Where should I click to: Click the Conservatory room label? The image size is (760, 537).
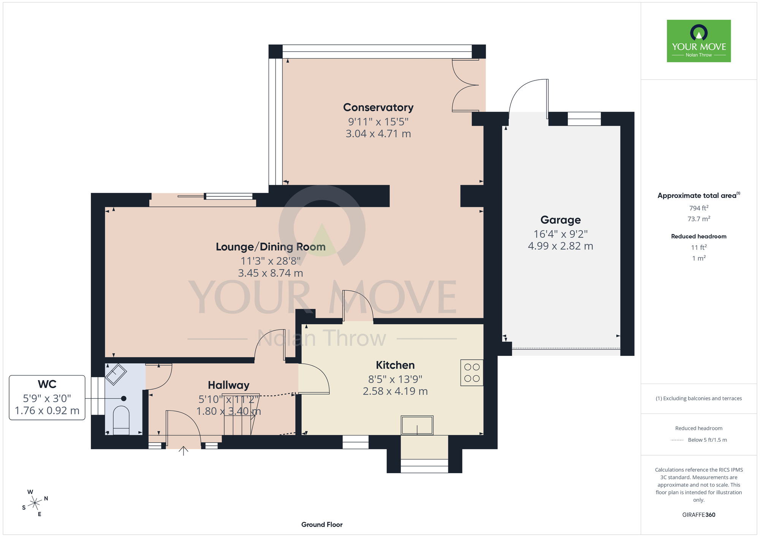tap(378, 107)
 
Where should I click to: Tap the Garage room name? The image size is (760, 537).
tap(560, 220)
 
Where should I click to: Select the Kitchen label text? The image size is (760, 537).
tap(395, 365)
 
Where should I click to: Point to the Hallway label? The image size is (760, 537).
tap(228, 385)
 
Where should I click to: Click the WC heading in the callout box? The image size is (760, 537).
tap(47, 384)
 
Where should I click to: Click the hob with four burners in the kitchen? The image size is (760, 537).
tap(472, 373)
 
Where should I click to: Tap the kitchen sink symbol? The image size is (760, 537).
tap(417, 425)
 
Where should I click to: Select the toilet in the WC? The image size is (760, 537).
tap(121, 420)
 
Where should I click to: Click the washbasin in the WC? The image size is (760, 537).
tap(116, 374)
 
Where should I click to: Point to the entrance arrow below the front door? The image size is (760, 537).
tap(184, 451)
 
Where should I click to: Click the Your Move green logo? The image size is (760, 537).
tap(699, 41)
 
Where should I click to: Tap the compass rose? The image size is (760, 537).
tap(35, 503)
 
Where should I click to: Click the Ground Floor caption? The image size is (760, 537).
tap(322, 524)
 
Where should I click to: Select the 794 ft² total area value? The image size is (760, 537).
tap(699, 208)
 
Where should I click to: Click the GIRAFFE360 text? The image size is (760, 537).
tap(699, 515)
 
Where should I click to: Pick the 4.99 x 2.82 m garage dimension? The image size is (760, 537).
tap(560, 246)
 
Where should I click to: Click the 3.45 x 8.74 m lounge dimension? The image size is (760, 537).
tap(271, 273)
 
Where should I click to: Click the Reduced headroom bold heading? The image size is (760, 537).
tap(699, 236)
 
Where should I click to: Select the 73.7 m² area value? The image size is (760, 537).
tap(699, 219)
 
